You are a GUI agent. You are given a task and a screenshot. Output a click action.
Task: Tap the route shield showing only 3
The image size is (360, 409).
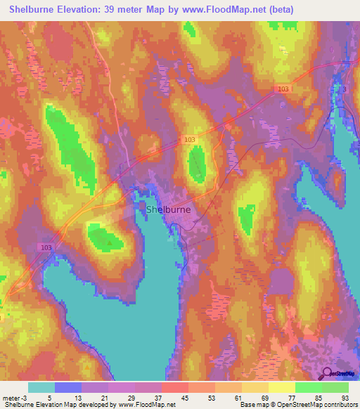tap(345, 89)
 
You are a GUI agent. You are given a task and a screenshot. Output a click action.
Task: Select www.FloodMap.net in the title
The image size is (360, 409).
tap(214, 10)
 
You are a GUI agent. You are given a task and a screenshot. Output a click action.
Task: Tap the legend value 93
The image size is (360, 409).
tap(346, 397)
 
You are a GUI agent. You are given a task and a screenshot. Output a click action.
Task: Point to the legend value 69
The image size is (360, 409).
tap(266, 397)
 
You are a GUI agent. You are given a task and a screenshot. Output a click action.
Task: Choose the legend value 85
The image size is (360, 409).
tap(319, 397)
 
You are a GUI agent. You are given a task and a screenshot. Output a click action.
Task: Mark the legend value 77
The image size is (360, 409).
tap(292, 397)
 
